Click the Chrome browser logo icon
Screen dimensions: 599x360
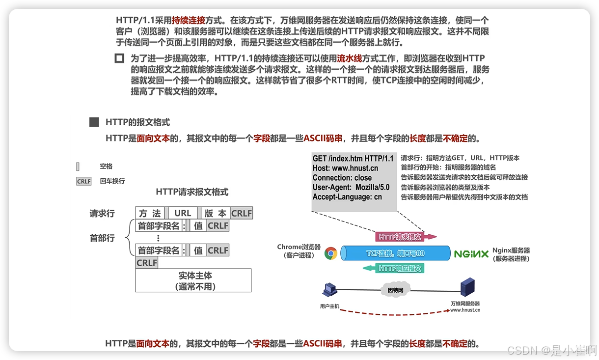coord(331,253)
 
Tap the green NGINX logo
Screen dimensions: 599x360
coord(471,254)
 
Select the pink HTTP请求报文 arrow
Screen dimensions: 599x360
coord(406,237)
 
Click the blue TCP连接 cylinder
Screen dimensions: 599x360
coord(395,253)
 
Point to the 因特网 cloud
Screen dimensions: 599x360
coord(395,290)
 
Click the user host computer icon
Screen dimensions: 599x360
coord(328,291)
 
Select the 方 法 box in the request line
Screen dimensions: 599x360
coord(150,213)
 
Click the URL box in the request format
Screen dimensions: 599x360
coord(183,213)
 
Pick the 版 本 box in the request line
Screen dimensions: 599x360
coord(215,213)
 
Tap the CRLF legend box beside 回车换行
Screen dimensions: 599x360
coord(84,181)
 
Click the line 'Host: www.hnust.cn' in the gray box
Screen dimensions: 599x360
coord(345,168)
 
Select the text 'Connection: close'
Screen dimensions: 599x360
coord(342,178)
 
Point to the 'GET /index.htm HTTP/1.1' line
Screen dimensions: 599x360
coord(353,158)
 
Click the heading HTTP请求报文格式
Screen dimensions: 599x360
coord(192,192)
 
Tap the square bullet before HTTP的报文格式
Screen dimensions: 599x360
coord(94,122)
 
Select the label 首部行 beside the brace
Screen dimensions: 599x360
coord(102,238)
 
